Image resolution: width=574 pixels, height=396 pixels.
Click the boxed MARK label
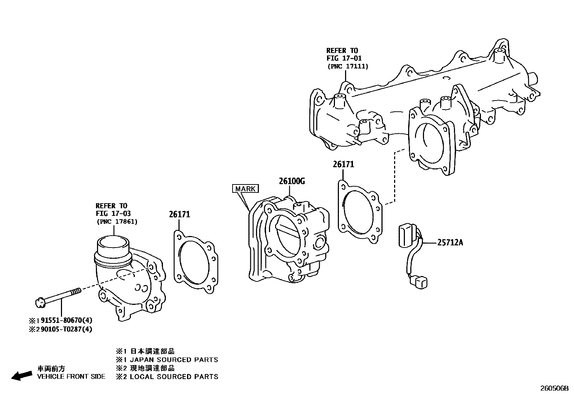pyautogui.click(x=245, y=188)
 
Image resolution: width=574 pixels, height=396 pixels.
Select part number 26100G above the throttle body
pyautogui.click(x=291, y=181)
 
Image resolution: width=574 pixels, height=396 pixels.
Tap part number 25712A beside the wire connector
pyautogui.click(x=450, y=243)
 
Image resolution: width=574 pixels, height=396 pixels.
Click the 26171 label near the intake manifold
pyautogui.click(x=343, y=164)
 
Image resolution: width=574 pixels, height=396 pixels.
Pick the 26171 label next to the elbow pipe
pyautogui.click(x=179, y=214)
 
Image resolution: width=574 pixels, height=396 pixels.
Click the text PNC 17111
pyautogui.click(x=348, y=66)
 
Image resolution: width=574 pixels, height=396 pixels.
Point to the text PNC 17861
pyautogui.click(x=116, y=222)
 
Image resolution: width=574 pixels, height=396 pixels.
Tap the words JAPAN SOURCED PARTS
pyautogui.click(x=174, y=360)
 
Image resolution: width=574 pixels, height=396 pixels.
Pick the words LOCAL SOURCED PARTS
pyautogui.click(x=174, y=377)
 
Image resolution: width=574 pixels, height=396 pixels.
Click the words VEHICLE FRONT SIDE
pyautogui.click(x=71, y=377)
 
